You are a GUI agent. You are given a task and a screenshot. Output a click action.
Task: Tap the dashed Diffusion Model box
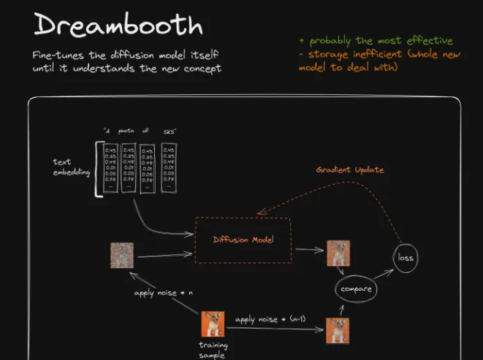(243, 240)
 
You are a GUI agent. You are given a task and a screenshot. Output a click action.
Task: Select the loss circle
(405, 257)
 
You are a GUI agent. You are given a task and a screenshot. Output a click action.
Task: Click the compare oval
(356, 289)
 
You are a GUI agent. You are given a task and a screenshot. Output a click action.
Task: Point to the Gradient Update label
(350, 169)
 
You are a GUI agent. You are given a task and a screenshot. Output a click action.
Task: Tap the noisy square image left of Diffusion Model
(121, 256)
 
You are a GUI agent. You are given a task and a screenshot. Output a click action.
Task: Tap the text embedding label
(72, 167)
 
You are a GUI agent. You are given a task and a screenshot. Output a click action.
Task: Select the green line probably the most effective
(376, 40)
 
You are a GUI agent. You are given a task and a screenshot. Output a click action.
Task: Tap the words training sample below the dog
(213, 351)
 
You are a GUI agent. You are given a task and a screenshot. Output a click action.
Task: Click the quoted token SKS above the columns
(170, 131)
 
